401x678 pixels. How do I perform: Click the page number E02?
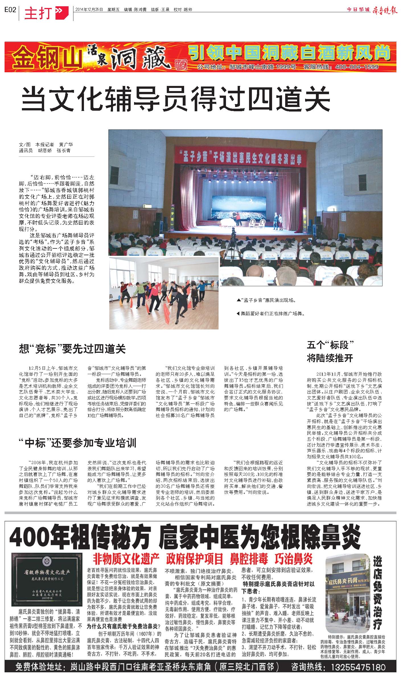10,10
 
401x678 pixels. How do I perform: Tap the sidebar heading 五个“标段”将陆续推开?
330,351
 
